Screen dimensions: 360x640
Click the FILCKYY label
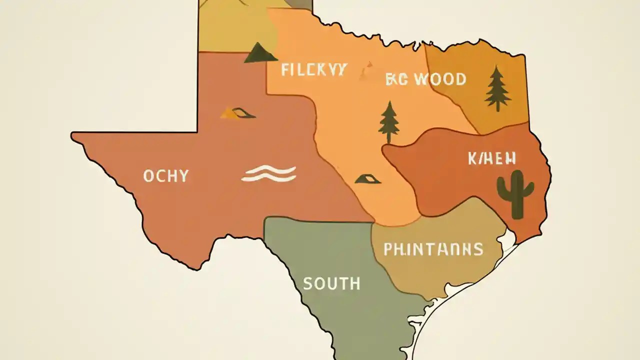313,69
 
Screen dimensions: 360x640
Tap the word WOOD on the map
439,79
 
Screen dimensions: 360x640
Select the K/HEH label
492,159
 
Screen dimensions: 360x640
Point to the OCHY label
165,176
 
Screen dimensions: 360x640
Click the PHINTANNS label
433,249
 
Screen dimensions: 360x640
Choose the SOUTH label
331,283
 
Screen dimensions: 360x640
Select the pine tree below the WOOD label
389,122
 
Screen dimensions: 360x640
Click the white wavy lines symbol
268,173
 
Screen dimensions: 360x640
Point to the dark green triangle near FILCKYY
260,53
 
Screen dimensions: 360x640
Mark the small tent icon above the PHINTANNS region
368,178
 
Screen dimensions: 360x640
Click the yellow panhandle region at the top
235,25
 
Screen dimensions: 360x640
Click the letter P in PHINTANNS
388,249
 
